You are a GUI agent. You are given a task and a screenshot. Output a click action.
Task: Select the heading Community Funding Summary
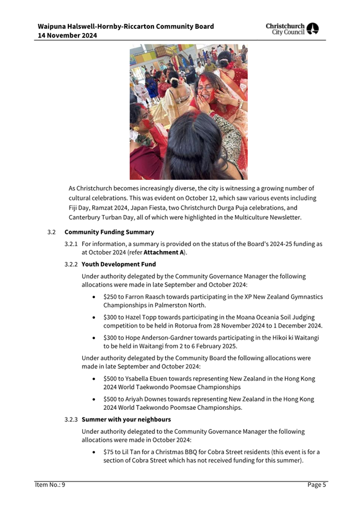click(x=109, y=232)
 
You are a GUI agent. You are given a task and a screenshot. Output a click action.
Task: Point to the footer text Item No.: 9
click(x=50, y=485)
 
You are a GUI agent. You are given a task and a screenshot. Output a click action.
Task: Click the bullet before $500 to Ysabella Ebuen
click(x=94, y=379)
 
